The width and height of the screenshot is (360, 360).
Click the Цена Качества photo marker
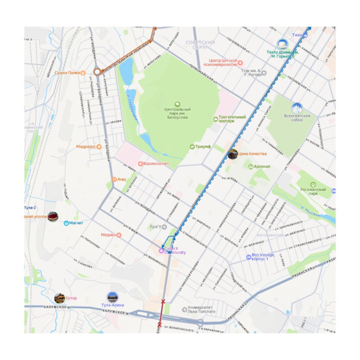pyautogui.click(x=233, y=153)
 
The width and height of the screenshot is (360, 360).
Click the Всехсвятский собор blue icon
pyautogui.click(x=296, y=108)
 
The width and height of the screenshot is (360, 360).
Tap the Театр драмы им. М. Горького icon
pyautogui.click(x=282, y=44)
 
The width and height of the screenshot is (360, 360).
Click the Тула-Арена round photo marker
pyautogui.click(x=112, y=297)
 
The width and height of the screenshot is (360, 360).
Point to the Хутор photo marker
pyautogui.click(x=60, y=297)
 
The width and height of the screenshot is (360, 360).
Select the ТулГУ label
pyautogui.click(x=155, y=226)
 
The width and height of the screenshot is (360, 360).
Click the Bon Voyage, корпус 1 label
pyautogui.click(x=260, y=257)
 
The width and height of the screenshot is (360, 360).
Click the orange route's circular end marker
pyautogui.click(x=97, y=72)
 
